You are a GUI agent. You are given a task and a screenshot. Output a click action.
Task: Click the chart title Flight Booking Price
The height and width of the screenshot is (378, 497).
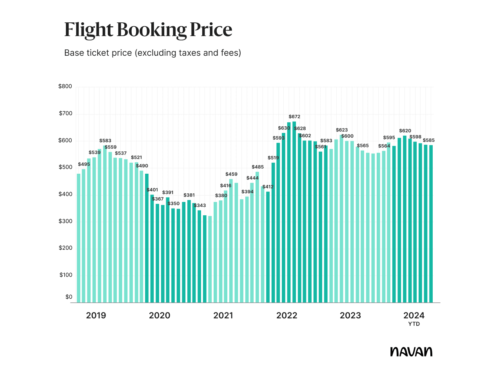coord(148,30)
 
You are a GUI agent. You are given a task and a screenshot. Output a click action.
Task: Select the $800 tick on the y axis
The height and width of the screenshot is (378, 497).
coord(65,87)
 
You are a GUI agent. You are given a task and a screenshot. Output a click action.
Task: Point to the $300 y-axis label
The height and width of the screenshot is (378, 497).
coord(65,221)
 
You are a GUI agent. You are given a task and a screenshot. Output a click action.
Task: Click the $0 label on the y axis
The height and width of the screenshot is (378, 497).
coord(69,297)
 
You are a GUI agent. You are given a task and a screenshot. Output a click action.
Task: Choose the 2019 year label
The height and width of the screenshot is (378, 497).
coord(96,316)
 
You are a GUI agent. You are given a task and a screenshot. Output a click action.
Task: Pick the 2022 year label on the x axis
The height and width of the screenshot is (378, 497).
coord(287,316)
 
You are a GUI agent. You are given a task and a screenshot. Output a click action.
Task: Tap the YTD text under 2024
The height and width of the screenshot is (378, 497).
coord(414,324)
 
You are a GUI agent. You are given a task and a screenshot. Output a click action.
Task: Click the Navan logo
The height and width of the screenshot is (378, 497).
coord(411,351)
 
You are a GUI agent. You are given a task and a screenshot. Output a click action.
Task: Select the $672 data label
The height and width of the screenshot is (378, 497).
coord(294,117)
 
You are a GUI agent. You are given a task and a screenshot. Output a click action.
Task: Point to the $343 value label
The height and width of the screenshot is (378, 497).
coord(200,205)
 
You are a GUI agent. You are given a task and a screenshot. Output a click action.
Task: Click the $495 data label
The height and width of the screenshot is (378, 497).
coord(84,164)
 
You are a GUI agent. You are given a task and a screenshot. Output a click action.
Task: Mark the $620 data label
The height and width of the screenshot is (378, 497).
coord(405,131)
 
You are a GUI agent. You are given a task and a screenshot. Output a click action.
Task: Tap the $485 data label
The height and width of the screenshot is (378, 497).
coord(258,167)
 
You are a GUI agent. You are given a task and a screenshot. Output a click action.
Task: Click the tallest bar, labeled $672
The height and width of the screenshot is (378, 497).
coord(294,212)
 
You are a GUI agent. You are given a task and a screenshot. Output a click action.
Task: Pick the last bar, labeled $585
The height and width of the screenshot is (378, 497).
coord(431,224)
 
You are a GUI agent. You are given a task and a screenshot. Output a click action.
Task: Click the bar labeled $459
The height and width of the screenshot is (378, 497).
coord(231,241)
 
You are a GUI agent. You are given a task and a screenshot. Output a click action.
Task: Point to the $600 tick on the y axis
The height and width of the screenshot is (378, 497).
coord(65,140)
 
